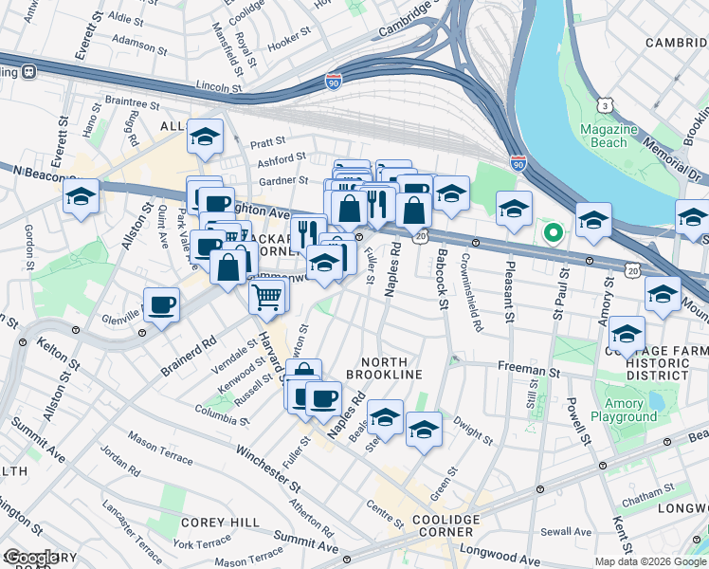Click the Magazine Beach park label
[x=603, y=136]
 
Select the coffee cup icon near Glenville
[x=161, y=304]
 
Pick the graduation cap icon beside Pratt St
[x=204, y=138]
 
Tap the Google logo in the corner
[x=30, y=559]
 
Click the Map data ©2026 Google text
[x=650, y=561]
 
